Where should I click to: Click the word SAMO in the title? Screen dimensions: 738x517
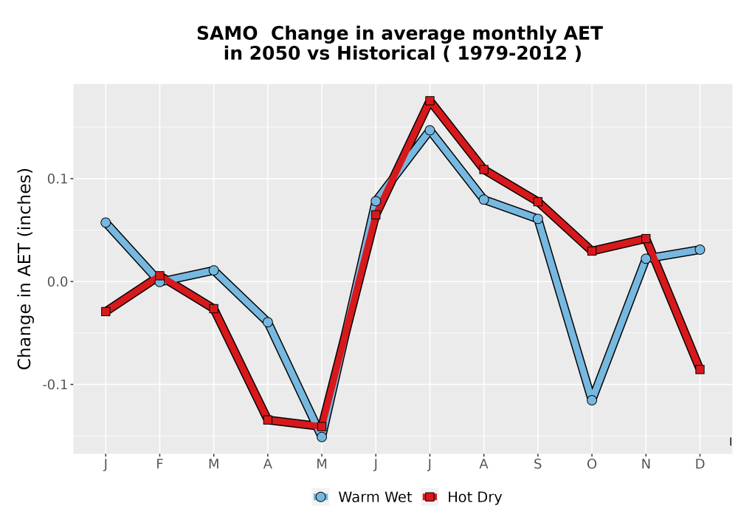(x=227, y=33)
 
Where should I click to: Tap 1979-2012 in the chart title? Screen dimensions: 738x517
(x=512, y=53)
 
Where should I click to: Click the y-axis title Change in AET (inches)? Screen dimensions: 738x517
(x=24, y=269)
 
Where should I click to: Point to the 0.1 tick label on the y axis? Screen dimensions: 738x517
(x=57, y=179)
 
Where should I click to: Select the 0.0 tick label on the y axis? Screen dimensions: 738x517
(x=57, y=281)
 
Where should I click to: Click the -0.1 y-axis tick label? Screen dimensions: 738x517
(x=55, y=385)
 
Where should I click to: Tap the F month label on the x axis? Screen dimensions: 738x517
(x=159, y=465)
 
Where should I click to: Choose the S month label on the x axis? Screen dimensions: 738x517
(x=537, y=465)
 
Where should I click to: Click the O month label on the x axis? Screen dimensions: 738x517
(x=592, y=465)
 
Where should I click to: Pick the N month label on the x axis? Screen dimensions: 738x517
(x=646, y=465)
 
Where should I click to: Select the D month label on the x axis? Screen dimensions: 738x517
(x=700, y=465)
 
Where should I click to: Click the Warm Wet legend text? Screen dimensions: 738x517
(x=375, y=497)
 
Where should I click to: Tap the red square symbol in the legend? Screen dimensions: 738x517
(x=430, y=497)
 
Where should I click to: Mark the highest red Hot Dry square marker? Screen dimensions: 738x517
(x=430, y=100)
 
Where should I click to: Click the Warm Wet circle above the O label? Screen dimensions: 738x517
(x=592, y=400)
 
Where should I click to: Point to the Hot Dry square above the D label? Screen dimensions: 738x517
(x=700, y=369)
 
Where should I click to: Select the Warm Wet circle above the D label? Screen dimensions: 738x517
(x=700, y=250)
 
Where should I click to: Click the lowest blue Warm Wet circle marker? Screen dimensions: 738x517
(x=322, y=437)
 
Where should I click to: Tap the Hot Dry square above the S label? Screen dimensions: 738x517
(x=537, y=202)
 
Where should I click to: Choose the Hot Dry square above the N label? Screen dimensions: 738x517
(x=646, y=239)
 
